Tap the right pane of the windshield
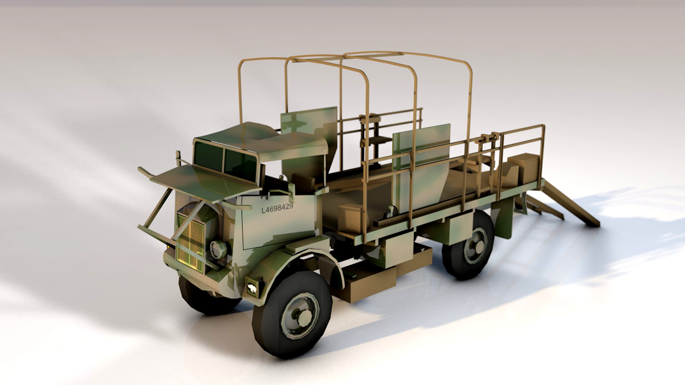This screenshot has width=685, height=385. click(x=240, y=164)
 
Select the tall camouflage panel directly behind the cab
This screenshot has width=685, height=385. click(x=309, y=139)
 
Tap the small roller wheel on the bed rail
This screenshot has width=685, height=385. click(x=392, y=212)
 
